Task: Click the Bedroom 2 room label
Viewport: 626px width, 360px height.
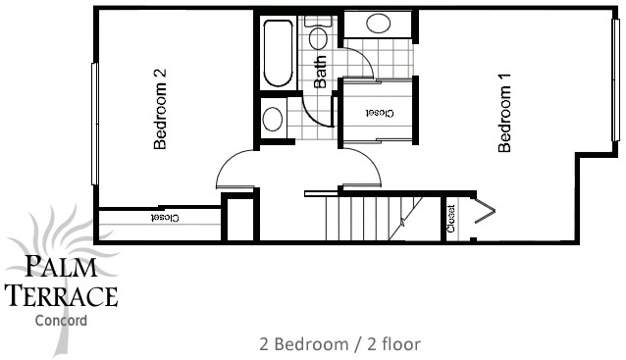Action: coord(160,109)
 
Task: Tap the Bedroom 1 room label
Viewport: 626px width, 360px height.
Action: coord(504,113)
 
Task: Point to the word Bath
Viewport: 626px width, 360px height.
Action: coord(320,72)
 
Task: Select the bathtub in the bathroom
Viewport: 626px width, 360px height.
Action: coord(279,54)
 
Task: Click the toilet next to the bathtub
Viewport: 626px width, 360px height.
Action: coord(318,32)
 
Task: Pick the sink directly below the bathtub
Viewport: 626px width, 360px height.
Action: coord(273,119)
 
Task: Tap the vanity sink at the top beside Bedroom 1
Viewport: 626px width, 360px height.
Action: coord(378,24)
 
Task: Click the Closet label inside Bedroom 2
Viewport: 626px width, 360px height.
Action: coord(165,218)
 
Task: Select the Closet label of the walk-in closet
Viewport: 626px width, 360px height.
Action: coord(380,114)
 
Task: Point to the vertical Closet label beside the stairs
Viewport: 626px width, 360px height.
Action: coord(450,219)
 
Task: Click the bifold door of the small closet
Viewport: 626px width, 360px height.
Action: coord(485,211)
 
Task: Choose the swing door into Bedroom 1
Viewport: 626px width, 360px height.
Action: coord(360,168)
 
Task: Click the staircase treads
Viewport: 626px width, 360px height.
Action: coord(373,219)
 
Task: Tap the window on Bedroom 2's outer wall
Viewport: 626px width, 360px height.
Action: coord(94,124)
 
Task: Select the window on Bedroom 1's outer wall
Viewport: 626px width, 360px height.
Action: coord(615,79)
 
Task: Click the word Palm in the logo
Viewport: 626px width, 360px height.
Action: coord(62,267)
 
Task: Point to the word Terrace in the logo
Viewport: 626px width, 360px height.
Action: coord(63,295)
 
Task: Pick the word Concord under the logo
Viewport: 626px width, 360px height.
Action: coord(61,321)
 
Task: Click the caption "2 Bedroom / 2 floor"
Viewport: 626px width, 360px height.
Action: coord(339,344)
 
